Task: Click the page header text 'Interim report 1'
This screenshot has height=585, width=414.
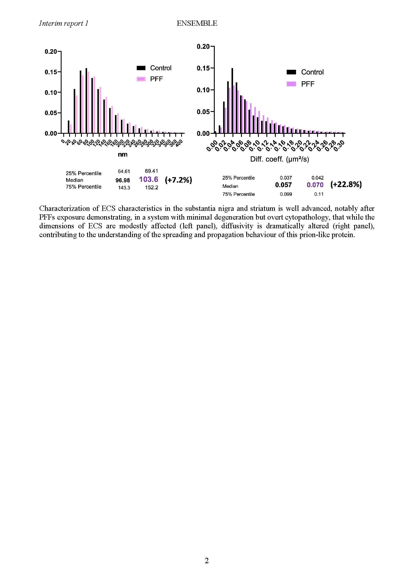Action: coord(64,24)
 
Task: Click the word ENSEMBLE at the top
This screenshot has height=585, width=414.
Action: coord(197,24)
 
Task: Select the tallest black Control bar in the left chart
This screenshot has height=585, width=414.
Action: coord(86,100)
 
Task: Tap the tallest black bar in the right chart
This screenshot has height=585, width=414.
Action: coord(232,101)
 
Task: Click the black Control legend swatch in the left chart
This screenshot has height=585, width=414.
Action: coord(141,68)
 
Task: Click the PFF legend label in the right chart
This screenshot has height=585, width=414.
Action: coord(307,84)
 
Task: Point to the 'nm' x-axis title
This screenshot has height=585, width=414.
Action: coord(122,154)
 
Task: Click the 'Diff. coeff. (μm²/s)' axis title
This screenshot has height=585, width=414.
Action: coord(279,159)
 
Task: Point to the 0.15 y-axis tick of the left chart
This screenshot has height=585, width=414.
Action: coord(51,72)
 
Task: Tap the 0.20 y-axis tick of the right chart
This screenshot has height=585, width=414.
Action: coord(203,47)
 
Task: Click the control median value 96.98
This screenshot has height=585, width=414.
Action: coord(123,180)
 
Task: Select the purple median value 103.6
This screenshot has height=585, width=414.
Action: coord(148,180)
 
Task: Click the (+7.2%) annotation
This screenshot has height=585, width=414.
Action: coord(178,180)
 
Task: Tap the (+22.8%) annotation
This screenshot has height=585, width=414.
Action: coord(346,185)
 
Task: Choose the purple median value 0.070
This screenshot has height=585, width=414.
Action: coord(315,185)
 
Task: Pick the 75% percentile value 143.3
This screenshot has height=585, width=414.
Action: coord(124,188)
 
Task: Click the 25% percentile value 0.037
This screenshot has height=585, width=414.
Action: coord(286,178)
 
